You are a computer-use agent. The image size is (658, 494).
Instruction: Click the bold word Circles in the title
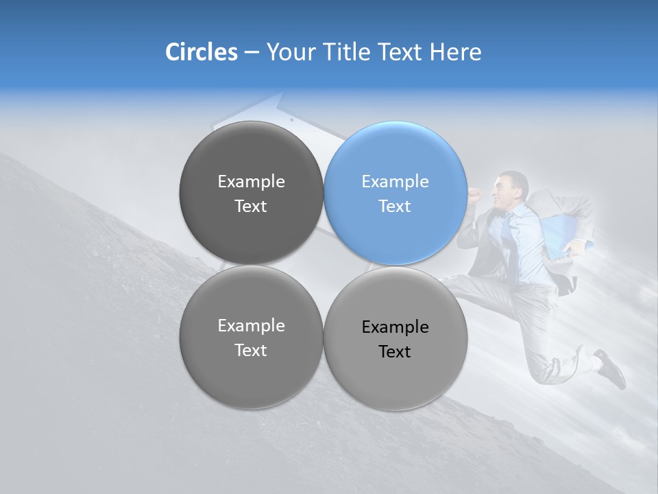(202, 52)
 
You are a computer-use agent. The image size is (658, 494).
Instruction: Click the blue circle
(395, 193)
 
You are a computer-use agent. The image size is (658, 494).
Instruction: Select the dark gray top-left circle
(251, 193)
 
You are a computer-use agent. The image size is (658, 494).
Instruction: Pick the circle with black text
(395, 338)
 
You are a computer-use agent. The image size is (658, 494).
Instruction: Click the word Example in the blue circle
(395, 182)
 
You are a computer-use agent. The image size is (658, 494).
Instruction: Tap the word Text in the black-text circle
(395, 352)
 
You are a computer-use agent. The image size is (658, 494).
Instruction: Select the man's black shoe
(611, 368)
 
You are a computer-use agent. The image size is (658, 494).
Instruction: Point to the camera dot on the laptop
(291, 119)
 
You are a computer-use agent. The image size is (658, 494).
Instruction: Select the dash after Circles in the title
(252, 53)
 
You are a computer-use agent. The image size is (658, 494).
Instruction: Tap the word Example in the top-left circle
(251, 182)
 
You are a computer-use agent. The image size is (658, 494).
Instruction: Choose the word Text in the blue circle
(395, 207)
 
